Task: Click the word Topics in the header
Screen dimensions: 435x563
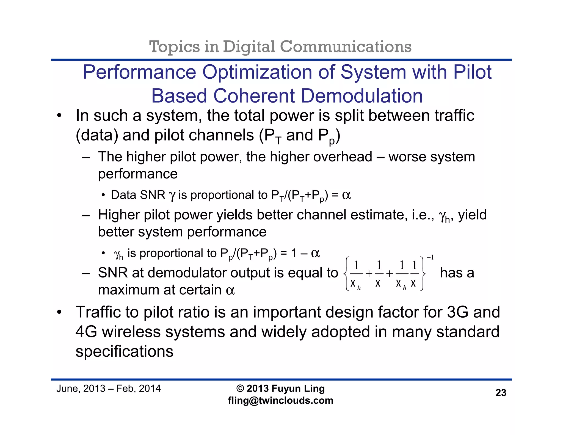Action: (174, 46)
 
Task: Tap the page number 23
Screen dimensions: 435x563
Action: (501, 393)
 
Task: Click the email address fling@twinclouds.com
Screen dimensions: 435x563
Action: (280, 400)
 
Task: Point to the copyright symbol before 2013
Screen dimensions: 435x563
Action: (240, 388)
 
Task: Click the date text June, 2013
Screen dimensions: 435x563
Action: (81, 388)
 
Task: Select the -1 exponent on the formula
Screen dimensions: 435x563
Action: (430, 258)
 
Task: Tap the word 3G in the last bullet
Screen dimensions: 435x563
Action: (458, 312)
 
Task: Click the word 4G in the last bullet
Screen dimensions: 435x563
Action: (86, 332)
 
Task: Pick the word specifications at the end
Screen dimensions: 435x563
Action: (125, 351)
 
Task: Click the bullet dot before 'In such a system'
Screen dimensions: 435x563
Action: (59, 116)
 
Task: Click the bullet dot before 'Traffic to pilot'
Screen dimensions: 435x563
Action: (59, 313)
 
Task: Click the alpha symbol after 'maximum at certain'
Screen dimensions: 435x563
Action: (230, 290)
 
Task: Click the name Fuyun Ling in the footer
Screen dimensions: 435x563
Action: (298, 388)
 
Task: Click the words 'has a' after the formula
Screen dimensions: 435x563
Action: (457, 273)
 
